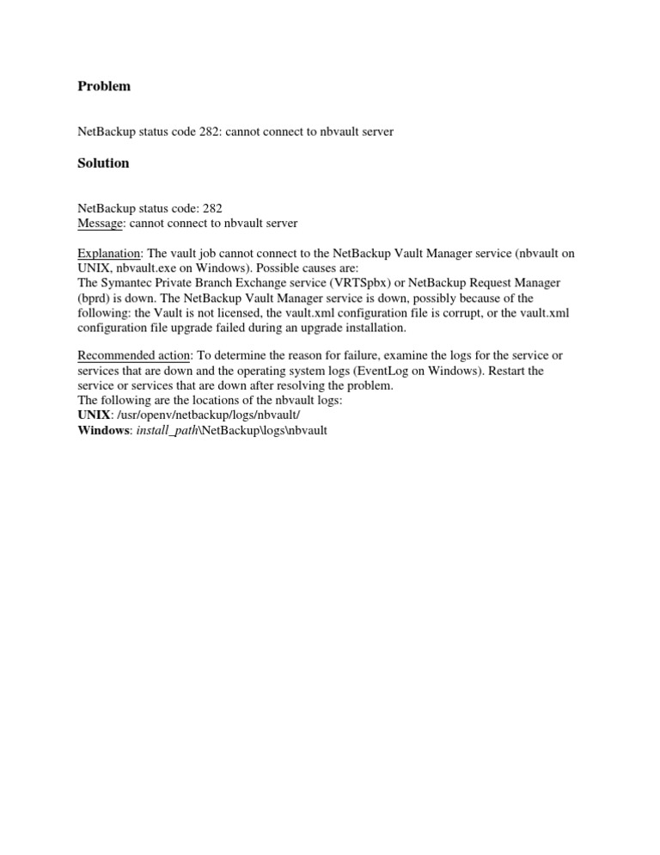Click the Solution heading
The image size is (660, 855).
103,163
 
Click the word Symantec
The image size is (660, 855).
128,282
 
